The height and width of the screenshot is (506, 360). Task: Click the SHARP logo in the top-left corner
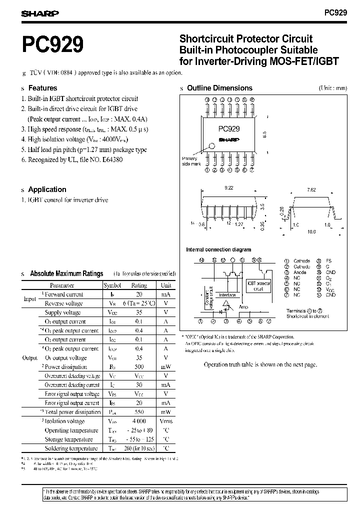[x=40, y=13]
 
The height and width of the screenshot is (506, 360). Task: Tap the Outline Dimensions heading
[x=219, y=88]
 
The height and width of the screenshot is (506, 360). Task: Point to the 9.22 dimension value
[x=229, y=187]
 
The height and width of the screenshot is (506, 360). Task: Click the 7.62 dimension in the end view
[x=311, y=190]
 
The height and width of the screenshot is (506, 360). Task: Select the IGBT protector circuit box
[x=258, y=286]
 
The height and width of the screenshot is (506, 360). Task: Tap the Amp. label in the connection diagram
[x=243, y=306]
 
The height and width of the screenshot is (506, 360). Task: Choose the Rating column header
[x=138, y=285]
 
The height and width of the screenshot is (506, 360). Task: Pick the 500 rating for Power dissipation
[x=138, y=366]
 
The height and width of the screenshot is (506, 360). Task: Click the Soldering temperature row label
[x=71, y=448]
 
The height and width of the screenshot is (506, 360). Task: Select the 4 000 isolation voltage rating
[x=138, y=421]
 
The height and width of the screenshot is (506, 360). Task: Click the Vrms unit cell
[x=165, y=421]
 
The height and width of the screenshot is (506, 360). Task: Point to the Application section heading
[x=47, y=189]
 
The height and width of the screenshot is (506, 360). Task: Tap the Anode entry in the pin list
[x=300, y=272]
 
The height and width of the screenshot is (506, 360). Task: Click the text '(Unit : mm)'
[x=332, y=88]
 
